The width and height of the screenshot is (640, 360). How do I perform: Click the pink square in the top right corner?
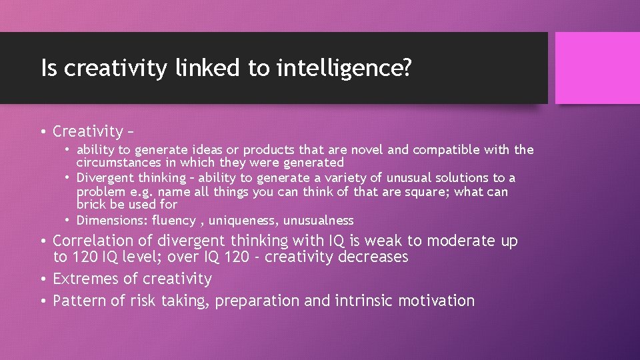click(x=597, y=68)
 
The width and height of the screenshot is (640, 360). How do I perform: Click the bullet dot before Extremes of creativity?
click(x=43, y=279)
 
